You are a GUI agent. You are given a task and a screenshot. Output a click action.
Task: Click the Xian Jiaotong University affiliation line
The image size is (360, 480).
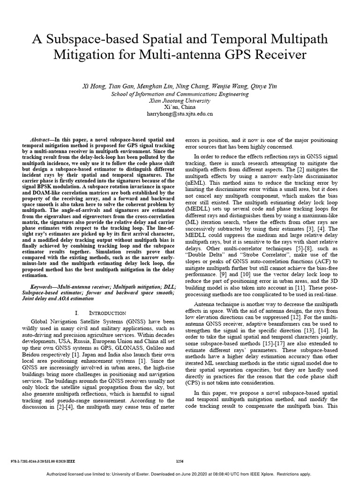pyautogui.click(x=180, y=100)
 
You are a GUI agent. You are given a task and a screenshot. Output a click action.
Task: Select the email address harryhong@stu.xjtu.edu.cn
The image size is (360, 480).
pyautogui.click(x=180, y=113)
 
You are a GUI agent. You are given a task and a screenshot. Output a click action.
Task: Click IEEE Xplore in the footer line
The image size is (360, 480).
pyautogui.click(x=262, y=474)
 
